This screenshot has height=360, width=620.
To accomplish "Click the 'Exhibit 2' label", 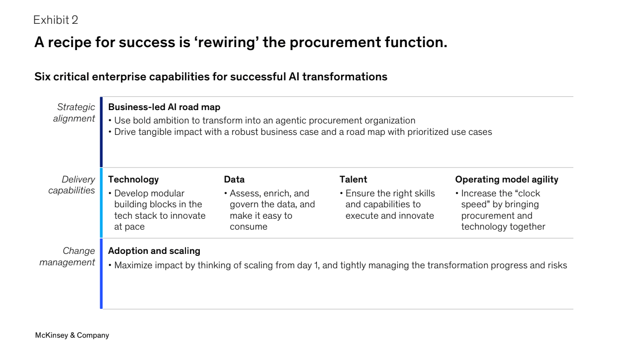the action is [56, 20].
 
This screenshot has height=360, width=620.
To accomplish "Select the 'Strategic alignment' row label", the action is [74, 113].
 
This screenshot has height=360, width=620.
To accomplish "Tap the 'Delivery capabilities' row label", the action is [71, 185].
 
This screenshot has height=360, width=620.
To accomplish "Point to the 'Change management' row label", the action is [67, 256].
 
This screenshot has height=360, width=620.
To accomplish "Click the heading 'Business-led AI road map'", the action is [164, 107].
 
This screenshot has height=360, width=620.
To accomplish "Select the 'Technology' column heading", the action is [133, 180].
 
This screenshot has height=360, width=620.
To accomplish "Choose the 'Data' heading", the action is [234, 180].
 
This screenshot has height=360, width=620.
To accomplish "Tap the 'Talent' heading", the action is [353, 180].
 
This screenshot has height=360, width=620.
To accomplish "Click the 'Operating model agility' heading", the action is [507, 180].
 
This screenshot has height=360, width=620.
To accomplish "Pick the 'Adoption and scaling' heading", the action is [154, 251].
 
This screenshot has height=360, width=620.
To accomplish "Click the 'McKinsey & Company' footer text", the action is [72, 335].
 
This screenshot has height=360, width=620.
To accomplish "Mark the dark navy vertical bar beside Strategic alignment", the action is [101, 132].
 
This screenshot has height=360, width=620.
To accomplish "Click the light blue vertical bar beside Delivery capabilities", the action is [101, 203].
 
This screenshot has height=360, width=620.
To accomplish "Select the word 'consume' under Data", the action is [248, 227].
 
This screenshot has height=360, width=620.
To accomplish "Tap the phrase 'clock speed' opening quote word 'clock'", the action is [526, 193].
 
